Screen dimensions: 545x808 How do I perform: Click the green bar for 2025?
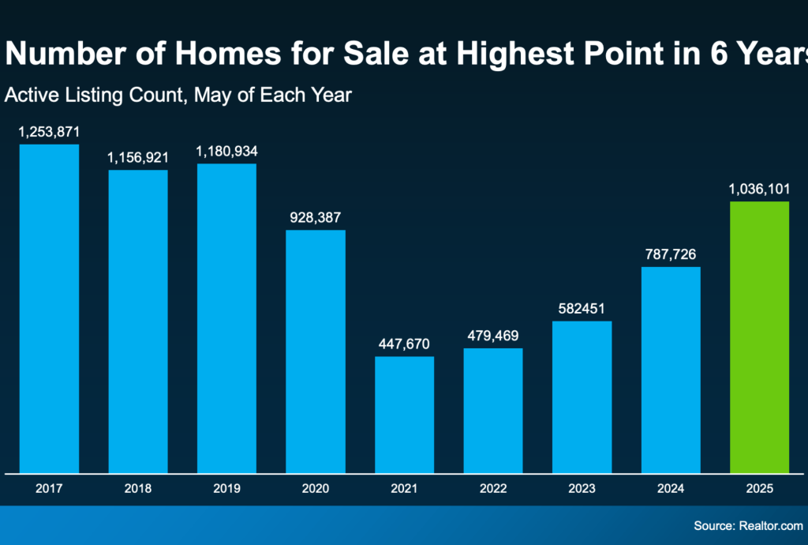[x=759, y=337]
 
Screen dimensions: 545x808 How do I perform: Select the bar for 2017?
[x=49, y=309]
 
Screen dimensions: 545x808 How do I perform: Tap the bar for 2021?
[x=404, y=415]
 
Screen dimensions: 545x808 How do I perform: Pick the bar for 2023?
[x=582, y=397]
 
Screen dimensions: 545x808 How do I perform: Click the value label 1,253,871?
[x=49, y=131]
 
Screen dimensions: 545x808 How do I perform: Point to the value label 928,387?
[x=315, y=216]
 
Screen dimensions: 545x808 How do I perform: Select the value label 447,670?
[x=404, y=343]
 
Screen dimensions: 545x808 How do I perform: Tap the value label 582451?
[x=582, y=307]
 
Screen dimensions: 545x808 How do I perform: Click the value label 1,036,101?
[x=759, y=189]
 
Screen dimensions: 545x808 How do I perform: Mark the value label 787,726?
[x=671, y=254]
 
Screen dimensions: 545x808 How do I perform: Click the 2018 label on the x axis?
[x=138, y=489]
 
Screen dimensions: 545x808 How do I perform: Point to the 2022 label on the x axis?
[x=493, y=489]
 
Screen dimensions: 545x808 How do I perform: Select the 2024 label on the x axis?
[x=671, y=489]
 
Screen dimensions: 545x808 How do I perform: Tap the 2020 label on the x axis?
[x=315, y=489]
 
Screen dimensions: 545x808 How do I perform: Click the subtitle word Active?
[x=31, y=96]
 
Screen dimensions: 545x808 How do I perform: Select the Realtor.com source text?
[x=748, y=525]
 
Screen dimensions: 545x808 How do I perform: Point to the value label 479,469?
[x=493, y=335]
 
